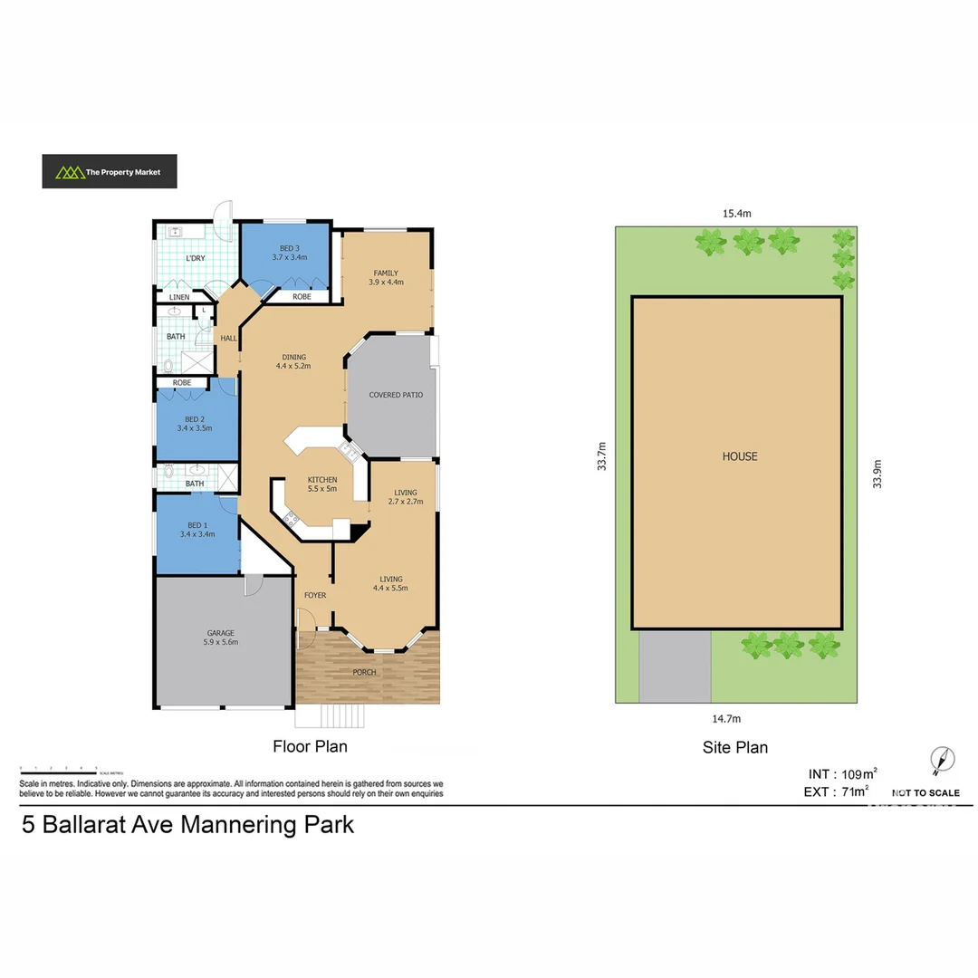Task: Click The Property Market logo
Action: [x=109, y=171]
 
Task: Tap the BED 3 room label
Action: [x=289, y=253]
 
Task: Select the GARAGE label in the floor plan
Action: [x=221, y=638]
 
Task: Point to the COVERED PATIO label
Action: [x=396, y=395]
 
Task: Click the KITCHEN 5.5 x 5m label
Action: [x=322, y=484]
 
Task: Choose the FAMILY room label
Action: [x=386, y=277]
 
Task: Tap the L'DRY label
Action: [x=197, y=260]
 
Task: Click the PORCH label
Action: [x=365, y=672]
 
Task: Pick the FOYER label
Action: [x=314, y=595]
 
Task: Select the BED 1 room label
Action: [x=197, y=530]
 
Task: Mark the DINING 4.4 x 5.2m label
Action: [x=293, y=361]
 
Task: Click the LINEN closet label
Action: [x=180, y=297]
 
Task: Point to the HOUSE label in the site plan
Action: [x=739, y=456]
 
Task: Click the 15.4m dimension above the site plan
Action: [x=737, y=214]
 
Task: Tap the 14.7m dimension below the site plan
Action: [x=726, y=718]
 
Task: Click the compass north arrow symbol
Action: [x=942, y=762]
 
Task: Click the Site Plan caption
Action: [x=734, y=747]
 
